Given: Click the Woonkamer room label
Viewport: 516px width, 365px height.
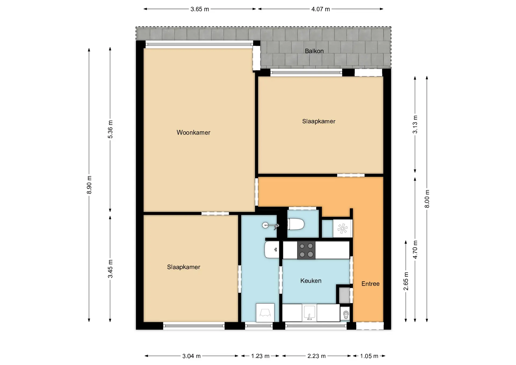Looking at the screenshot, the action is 193,133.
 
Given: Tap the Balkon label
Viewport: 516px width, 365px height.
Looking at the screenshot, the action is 314,51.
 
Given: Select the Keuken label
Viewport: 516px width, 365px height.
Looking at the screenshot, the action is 311,281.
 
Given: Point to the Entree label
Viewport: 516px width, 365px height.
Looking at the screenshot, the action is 370,284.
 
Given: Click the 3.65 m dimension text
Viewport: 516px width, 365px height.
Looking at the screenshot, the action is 200,9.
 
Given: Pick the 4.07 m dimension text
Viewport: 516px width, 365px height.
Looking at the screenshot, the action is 321,9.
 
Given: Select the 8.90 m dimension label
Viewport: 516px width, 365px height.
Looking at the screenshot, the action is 89,185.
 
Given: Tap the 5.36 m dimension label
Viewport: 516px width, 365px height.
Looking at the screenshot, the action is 110,130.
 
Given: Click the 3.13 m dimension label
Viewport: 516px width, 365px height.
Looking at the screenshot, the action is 415,124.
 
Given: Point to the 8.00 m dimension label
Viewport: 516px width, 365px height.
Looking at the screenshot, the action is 427,199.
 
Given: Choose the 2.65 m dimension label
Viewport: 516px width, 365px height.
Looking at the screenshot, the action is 406,281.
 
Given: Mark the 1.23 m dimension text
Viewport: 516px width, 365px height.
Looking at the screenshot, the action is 260,356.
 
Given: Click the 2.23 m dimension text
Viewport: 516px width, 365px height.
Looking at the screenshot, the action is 317,356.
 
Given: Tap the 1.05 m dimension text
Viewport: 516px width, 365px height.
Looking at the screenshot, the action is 369,356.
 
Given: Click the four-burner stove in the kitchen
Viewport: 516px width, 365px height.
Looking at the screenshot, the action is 306,250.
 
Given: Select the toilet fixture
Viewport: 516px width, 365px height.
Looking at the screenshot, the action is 296,224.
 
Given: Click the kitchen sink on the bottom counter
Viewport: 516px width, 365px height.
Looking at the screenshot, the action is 309,313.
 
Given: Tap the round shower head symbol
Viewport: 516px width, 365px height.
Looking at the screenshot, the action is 265,225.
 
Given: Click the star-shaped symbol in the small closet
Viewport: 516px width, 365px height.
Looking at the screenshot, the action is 342,229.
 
